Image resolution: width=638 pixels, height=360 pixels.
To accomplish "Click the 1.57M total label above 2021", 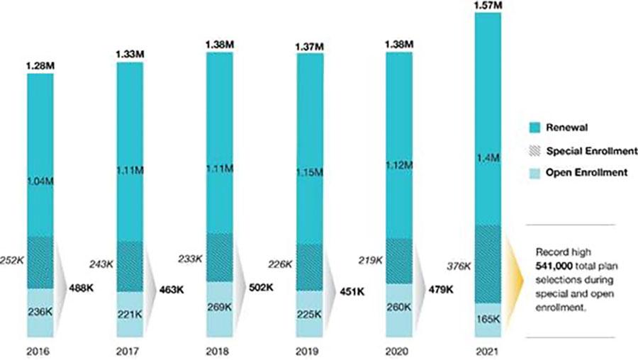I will pos(487,6).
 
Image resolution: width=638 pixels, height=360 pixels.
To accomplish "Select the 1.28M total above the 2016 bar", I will pos(40,67).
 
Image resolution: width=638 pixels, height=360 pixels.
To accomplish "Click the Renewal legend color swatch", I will pos(535,128).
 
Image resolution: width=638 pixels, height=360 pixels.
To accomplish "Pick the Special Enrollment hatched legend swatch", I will pos(535,150).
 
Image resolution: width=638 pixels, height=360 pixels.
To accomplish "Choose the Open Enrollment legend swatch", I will pos(535,172).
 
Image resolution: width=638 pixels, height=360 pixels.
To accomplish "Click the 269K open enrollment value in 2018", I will pos(218,308).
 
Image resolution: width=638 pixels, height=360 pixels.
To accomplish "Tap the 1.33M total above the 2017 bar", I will pos(130,55).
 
